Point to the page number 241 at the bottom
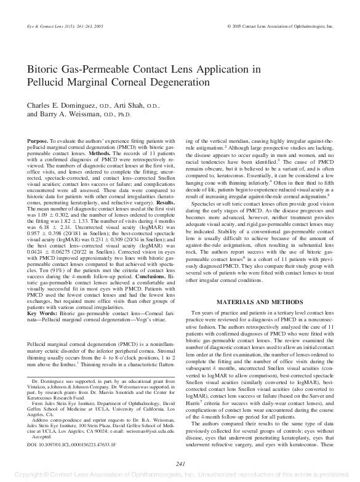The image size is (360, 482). point(180,464)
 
